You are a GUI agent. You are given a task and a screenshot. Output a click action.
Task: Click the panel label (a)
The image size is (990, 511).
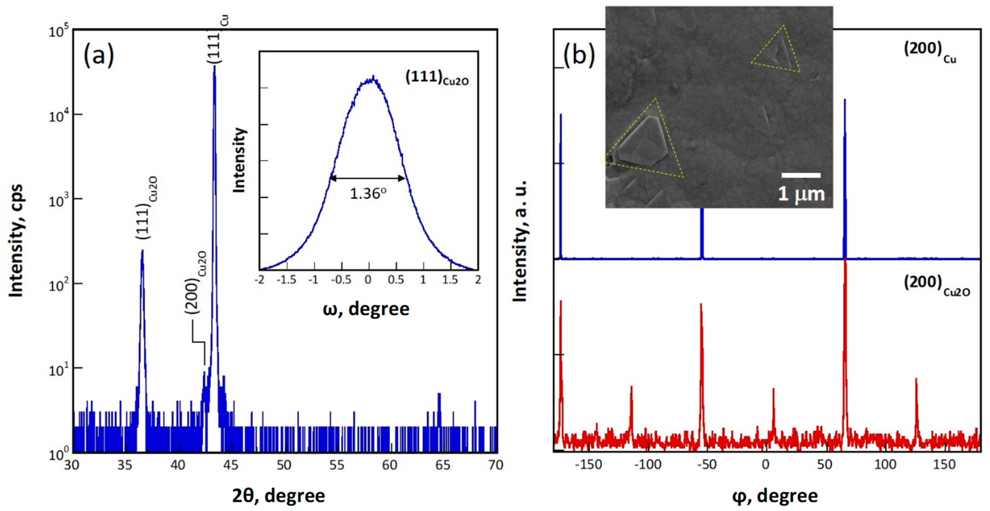pos(99,55)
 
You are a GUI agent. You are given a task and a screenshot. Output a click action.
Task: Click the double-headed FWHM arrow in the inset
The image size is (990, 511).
pos(368,178)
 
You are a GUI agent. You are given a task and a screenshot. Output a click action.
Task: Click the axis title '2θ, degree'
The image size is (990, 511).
pos(278,496)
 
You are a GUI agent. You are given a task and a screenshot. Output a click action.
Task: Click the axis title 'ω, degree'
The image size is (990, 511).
pos(366,309)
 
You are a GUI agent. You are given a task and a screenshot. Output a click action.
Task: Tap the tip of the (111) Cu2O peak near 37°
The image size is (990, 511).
pos(142,251)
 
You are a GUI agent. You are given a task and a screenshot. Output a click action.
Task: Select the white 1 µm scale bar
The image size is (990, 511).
pos(801,176)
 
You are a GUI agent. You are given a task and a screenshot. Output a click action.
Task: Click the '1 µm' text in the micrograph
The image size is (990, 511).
pos(801,194)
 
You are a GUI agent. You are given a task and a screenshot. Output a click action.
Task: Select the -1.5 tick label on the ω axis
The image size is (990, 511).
pos(286,280)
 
